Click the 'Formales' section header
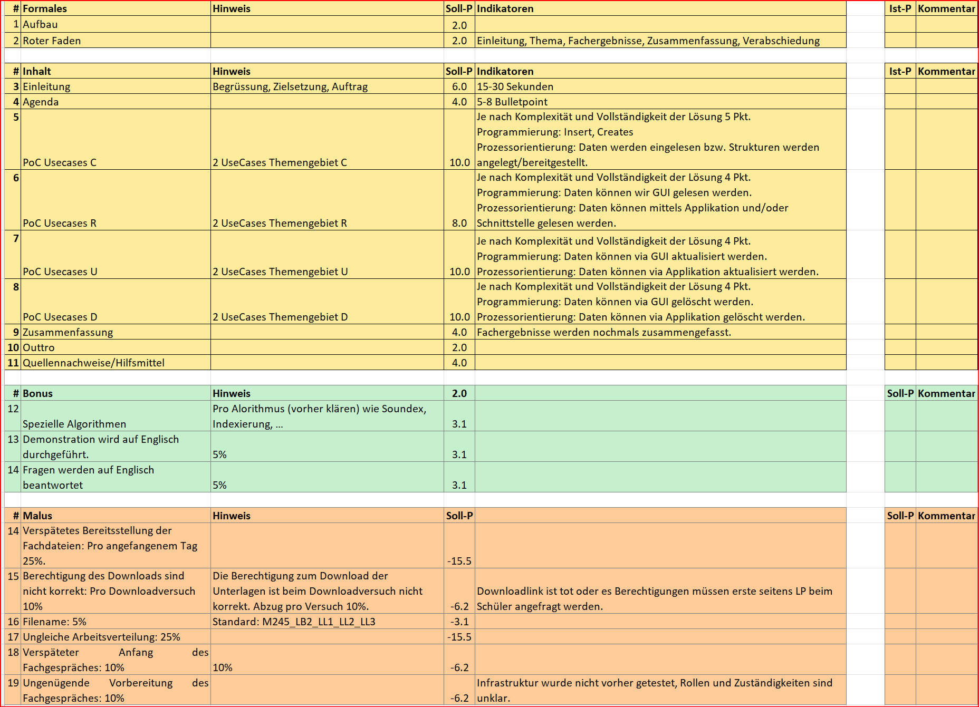pos(45,8)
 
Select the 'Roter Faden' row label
pos(52,41)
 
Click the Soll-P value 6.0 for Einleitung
pos(459,86)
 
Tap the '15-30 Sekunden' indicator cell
pos(515,86)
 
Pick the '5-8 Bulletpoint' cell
pos(512,102)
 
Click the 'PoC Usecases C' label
pos(60,162)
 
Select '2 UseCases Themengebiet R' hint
pos(280,223)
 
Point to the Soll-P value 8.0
pos(459,223)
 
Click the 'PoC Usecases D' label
pos(60,317)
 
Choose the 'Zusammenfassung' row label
pos(68,332)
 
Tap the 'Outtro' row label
pos(39,347)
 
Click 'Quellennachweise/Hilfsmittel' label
pos(93,363)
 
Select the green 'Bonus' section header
pos(37,393)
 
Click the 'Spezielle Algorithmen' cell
pos(74,424)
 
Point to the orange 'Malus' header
pos(37,516)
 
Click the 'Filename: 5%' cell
pos(54,622)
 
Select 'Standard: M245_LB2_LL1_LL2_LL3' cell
pos(294,622)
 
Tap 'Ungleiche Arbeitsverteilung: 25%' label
pos(101,637)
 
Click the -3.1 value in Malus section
pos(459,622)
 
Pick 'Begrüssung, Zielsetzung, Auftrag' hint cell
pos(290,86)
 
